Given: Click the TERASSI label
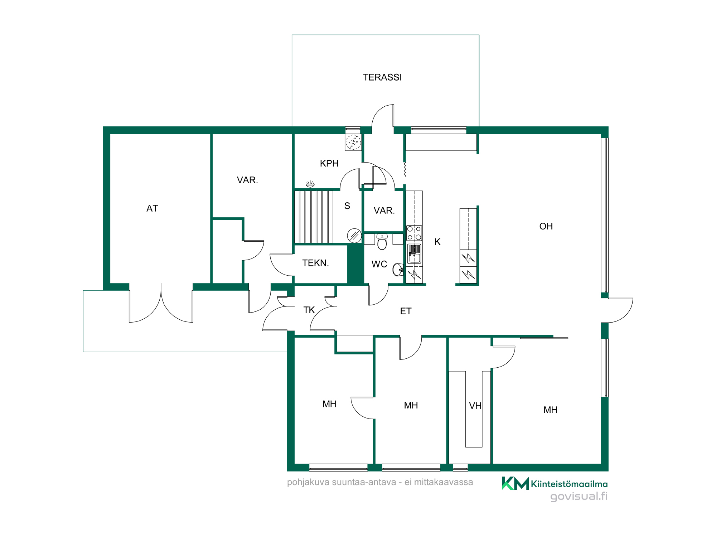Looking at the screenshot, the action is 382,77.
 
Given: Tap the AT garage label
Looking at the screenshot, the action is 152,208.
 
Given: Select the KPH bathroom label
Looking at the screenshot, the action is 329,164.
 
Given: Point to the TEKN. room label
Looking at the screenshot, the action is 315,263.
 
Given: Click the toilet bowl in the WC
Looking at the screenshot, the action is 382,242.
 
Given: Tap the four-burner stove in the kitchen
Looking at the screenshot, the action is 414,233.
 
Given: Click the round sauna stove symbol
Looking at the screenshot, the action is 354,236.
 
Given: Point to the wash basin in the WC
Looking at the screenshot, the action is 398,270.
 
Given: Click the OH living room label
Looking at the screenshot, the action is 546,226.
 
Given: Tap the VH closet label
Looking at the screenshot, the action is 475,406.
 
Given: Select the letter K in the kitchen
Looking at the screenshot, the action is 437,242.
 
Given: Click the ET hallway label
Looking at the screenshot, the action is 406,311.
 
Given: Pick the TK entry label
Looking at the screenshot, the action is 309,310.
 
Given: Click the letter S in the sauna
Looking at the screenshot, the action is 347,206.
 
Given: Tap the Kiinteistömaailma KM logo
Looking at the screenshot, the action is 516,483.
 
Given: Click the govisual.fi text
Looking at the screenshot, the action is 579,496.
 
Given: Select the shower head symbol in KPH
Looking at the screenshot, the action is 310,184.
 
